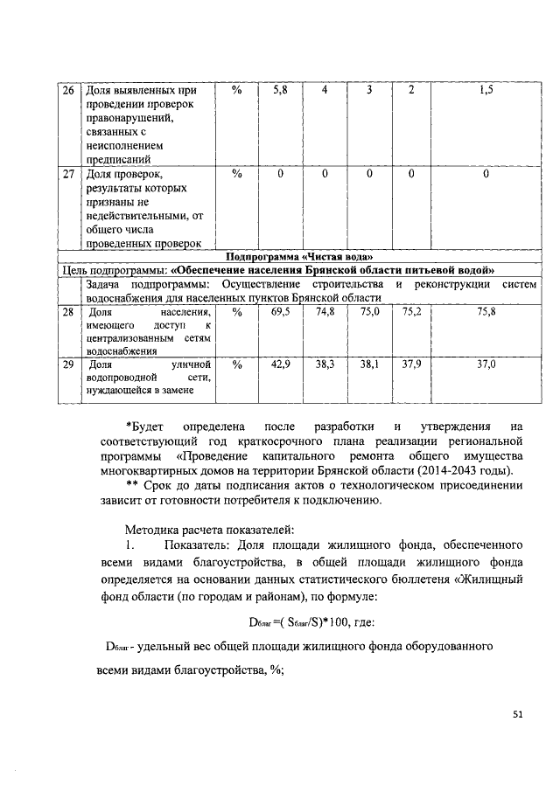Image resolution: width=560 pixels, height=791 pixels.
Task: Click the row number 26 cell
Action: (x=67, y=90)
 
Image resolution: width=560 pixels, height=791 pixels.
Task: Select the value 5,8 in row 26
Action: (x=280, y=90)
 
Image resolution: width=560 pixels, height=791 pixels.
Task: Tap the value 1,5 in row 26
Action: (x=486, y=90)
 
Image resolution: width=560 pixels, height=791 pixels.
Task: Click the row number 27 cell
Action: (x=67, y=174)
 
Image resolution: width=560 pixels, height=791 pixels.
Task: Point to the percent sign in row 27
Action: (x=236, y=174)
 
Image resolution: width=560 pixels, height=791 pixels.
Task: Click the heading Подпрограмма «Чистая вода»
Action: (x=299, y=256)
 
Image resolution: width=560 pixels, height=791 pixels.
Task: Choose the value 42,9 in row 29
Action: (x=280, y=364)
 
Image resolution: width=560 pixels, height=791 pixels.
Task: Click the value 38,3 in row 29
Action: (x=325, y=364)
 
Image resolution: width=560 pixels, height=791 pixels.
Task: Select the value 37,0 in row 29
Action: (x=486, y=364)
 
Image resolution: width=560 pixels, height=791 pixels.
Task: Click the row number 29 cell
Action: (x=67, y=364)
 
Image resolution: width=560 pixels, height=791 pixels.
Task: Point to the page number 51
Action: (x=517, y=714)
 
